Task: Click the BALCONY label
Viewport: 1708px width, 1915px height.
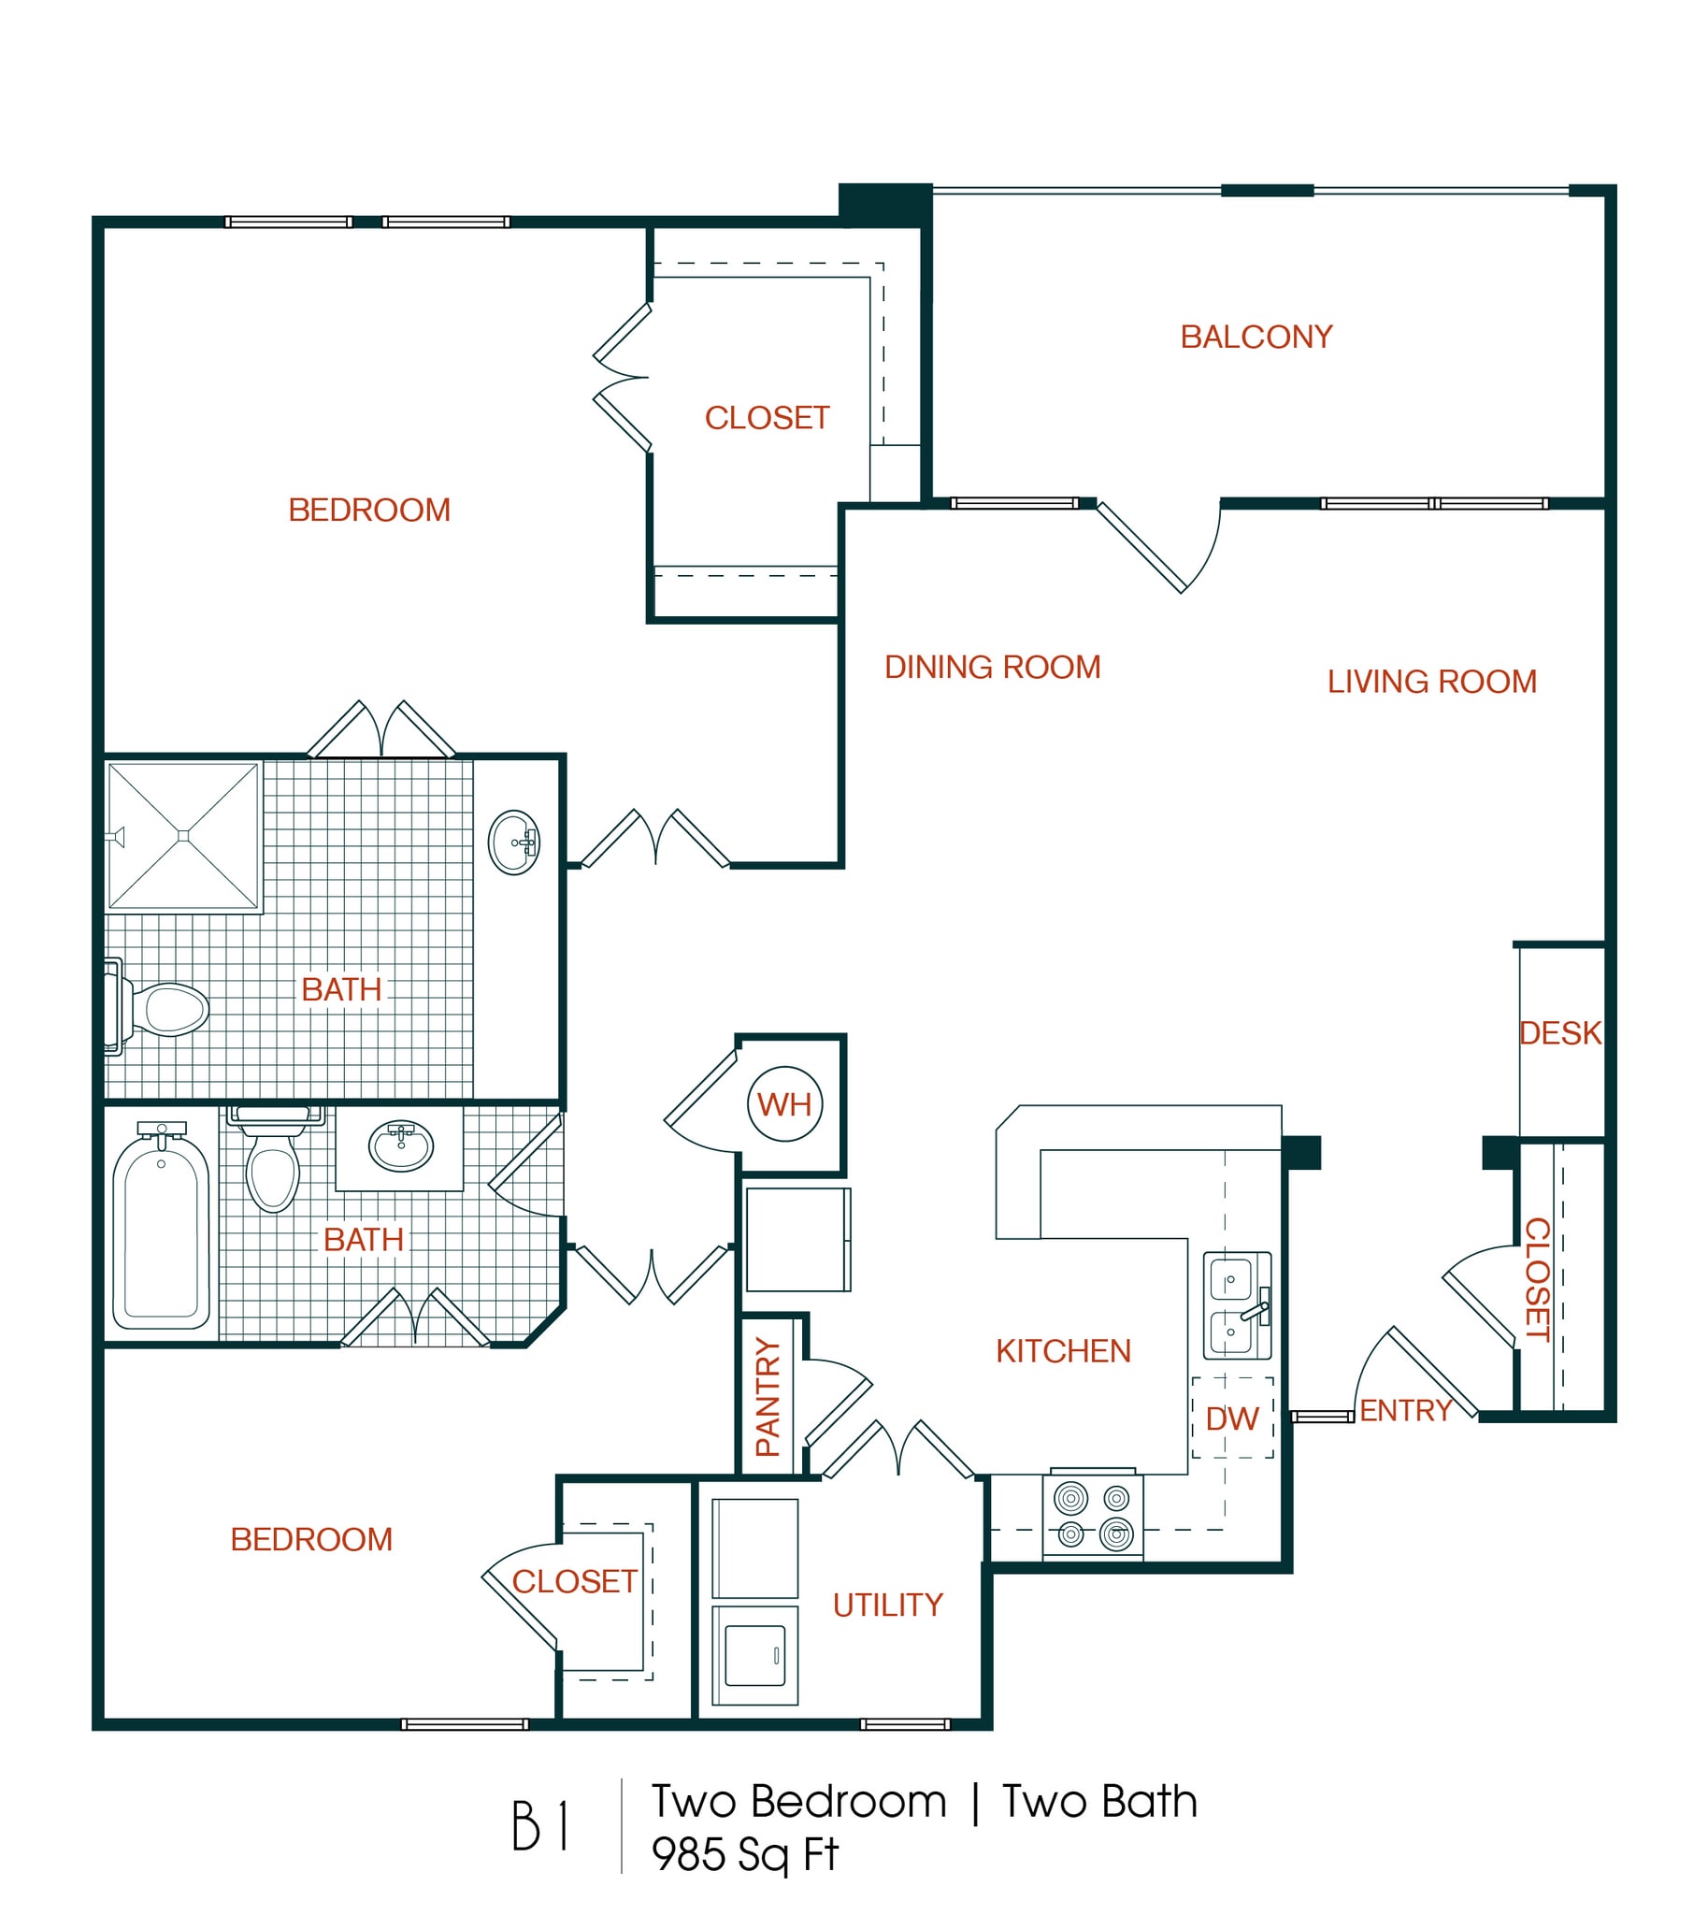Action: (x=1256, y=337)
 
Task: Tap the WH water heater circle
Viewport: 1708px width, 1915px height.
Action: (x=784, y=1104)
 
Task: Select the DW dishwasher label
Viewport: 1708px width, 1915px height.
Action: (x=1231, y=1418)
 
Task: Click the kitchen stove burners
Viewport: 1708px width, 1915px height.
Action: (x=1092, y=1515)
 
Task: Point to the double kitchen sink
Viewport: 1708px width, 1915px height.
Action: (x=1237, y=1304)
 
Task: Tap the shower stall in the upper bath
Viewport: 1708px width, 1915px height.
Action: (x=183, y=836)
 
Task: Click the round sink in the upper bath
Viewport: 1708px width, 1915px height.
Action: (x=513, y=842)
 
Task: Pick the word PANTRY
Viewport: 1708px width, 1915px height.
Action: (x=768, y=1397)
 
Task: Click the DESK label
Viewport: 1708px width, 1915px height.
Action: (x=1559, y=1033)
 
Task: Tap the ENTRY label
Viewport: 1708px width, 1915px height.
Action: (x=1405, y=1410)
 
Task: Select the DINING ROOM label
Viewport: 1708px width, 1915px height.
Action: (x=992, y=668)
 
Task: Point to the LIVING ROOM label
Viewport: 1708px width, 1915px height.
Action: (x=1431, y=682)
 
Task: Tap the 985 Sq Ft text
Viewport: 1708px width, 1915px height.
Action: (x=744, y=1855)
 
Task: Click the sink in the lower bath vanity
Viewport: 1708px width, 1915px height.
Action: (x=401, y=1146)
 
